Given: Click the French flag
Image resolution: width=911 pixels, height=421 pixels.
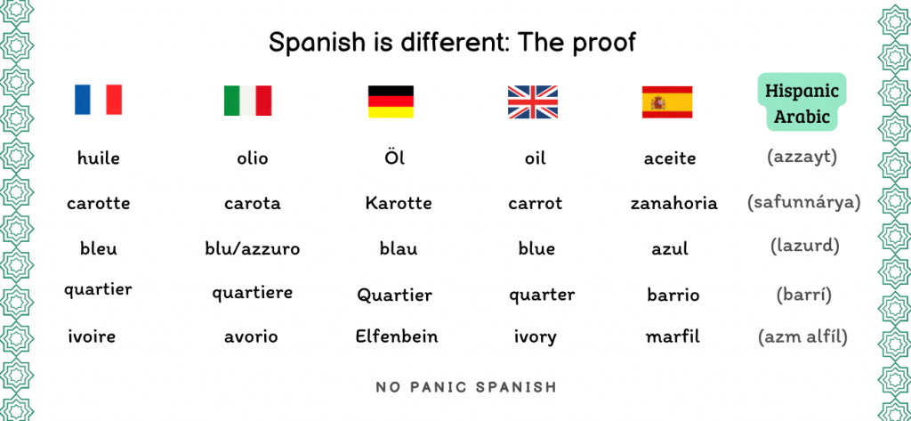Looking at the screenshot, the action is [x=98, y=100].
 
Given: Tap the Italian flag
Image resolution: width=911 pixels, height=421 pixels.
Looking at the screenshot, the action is [x=247, y=101].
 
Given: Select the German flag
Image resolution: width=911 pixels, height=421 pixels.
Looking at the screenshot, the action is [x=391, y=101].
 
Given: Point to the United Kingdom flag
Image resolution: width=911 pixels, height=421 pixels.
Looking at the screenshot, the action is [x=533, y=101].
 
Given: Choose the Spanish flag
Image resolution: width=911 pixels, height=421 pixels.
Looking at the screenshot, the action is [x=667, y=101].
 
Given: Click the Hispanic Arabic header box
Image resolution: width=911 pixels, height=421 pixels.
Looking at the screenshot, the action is [x=802, y=101].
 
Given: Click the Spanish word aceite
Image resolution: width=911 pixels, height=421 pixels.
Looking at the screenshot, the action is [x=670, y=158].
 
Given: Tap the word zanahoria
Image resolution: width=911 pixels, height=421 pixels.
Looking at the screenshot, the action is [x=674, y=204].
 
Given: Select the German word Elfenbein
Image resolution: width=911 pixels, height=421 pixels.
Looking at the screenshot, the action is [x=397, y=336].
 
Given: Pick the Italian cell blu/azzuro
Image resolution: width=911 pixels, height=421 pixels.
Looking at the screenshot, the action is [x=253, y=249].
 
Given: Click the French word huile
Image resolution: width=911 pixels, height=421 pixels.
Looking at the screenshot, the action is [x=98, y=158].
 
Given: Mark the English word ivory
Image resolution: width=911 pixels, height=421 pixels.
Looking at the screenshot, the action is [x=535, y=336].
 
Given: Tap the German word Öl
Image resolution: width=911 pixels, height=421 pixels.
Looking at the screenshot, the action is [x=394, y=157].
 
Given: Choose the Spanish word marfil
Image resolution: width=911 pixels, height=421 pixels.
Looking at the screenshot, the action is [x=673, y=336].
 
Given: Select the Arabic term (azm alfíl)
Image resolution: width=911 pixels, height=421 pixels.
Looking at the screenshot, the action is [x=802, y=336].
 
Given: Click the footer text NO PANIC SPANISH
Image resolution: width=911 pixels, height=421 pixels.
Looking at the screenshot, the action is [x=466, y=387].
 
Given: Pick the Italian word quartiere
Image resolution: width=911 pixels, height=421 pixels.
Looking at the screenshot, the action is [x=252, y=293].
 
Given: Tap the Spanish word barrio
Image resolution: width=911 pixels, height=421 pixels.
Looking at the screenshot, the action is [x=673, y=295].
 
